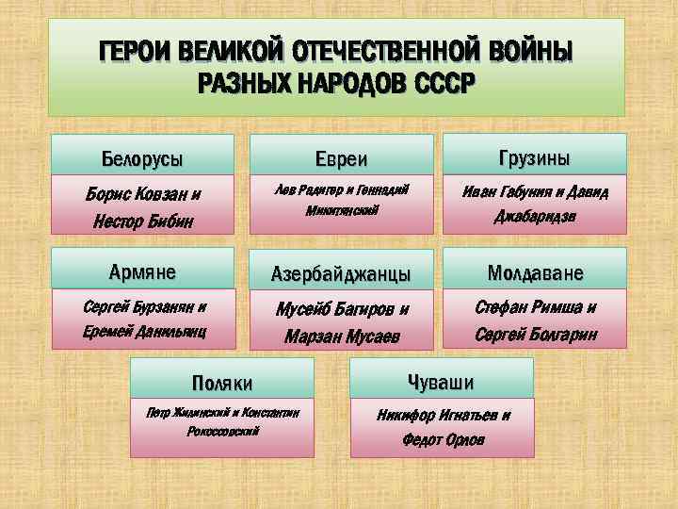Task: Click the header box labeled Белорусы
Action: coord(141,156)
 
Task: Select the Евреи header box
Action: coord(340,157)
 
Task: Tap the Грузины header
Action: coord(535,155)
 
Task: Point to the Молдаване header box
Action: coord(535,272)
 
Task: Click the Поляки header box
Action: coord(222,382)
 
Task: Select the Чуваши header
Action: coord(441,381)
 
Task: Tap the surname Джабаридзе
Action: coord(535,217)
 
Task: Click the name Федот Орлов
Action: coord(444,439)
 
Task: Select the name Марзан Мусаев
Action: coord(341,337)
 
